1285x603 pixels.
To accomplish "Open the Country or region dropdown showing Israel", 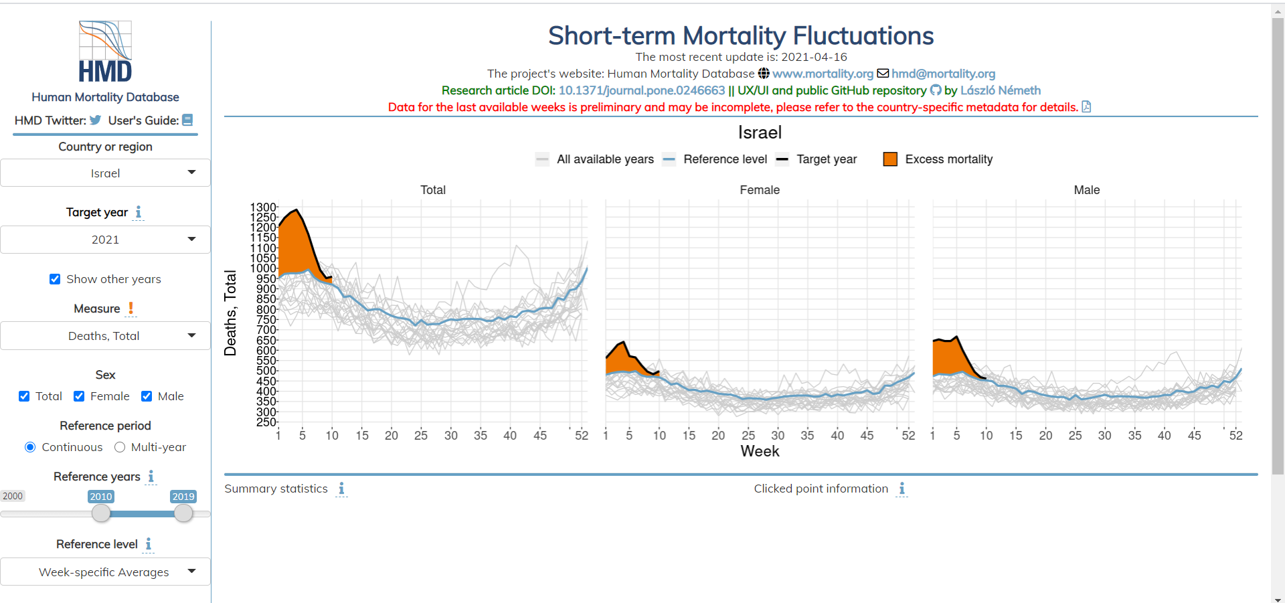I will coord(105,173).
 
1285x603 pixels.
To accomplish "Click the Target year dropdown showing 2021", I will coord(105,240).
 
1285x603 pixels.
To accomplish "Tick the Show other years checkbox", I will coord(55,279).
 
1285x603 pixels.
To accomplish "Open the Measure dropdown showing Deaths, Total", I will coord(105,336).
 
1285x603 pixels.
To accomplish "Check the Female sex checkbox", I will coord(79,396).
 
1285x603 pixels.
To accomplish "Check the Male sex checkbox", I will coord(147,396).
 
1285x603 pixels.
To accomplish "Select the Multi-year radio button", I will coord(120,447).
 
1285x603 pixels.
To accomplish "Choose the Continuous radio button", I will coord(30,447).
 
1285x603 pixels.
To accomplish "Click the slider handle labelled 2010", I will coord(101,513).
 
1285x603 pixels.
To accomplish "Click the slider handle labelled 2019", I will coord(183,513).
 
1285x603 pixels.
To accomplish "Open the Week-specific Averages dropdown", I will coord(105,572).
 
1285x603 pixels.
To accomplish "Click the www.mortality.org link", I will coord(823,74).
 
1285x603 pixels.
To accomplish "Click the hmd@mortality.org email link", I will coord(943,74).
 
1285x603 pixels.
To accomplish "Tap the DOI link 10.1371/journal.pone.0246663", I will coord(641,90).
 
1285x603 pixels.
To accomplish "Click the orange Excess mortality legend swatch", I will coord(890,159).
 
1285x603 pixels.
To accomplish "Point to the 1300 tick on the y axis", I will coord(263,207).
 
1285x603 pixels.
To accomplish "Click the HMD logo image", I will coord(105,52).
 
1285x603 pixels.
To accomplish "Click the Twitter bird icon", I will coord(96,120).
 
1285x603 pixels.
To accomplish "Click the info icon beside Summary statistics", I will coord(341,489).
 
